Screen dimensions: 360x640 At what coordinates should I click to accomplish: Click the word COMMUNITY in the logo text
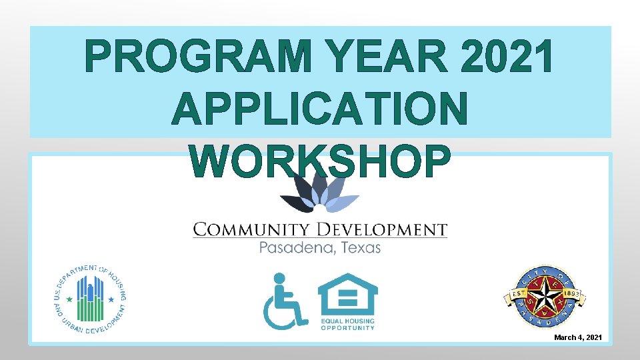(243, 230)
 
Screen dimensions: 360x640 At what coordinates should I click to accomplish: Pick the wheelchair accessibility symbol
(285, 301)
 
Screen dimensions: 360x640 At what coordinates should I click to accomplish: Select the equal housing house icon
(347, 294)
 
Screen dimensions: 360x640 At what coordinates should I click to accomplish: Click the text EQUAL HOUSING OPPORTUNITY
(347, 324)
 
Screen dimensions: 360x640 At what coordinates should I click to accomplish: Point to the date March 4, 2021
(578, 337)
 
